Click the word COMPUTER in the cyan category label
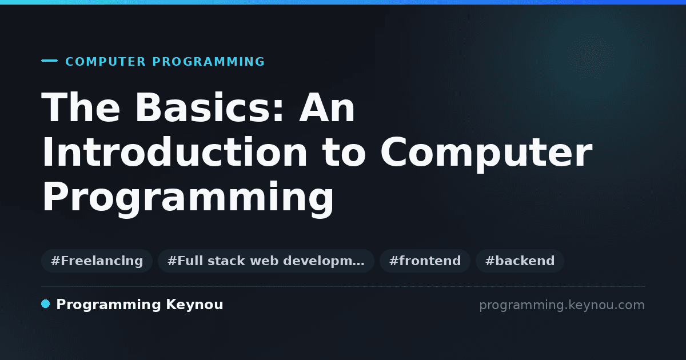tap(106, 62)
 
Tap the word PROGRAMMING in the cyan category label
tap(209, 62)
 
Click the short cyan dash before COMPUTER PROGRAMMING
tap(49, 61)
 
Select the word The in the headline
tap(81, 107)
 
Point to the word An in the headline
tap(327, 107)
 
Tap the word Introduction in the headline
tap(174, 151)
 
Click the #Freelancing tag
tap(97, 261)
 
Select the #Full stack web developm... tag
tap(266, 261)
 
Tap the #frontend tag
tap(425, 261)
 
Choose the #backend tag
tap(520, 261)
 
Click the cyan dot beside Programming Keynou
tap(45, 304)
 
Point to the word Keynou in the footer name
tap(194, 305)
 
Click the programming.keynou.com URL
tap(562, 305)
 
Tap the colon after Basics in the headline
tap(278, 110)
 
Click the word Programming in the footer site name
tap(109, 305)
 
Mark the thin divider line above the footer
tap(343, 286)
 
